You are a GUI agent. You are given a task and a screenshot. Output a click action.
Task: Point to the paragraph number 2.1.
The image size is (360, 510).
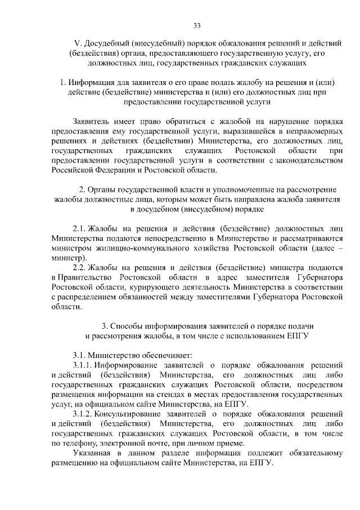tap(80, 229)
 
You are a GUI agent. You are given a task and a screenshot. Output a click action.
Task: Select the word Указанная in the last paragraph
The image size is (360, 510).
tap(92, 453)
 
